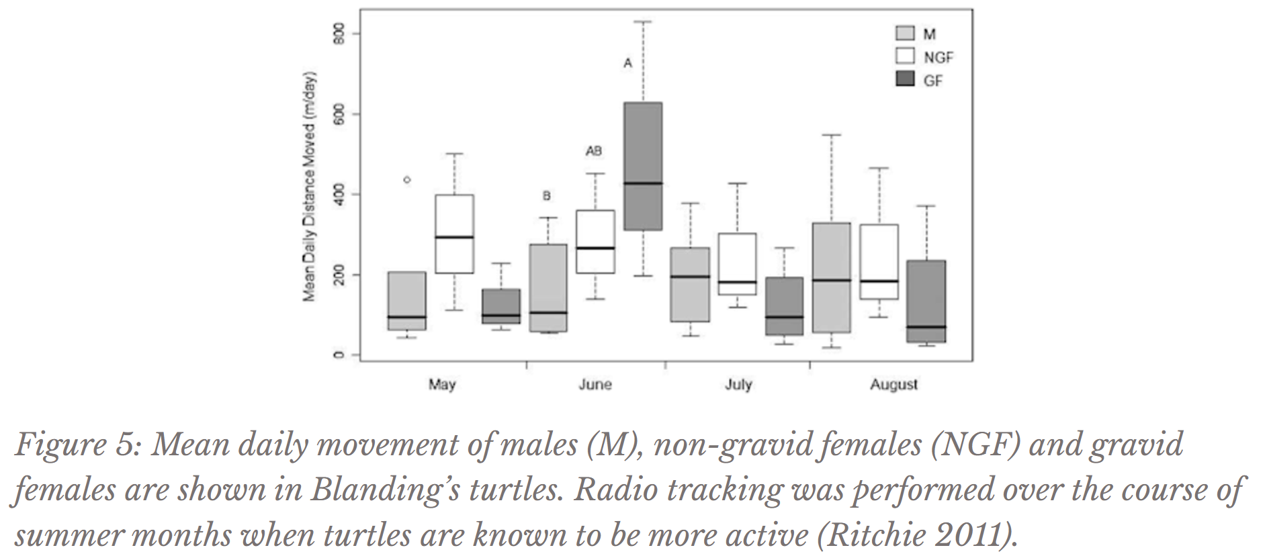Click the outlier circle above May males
(x=407, y=179)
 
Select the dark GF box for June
(x=644, y=167)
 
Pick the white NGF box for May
(x=454, y=234)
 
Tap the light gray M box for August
(x=830, y=277)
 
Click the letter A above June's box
(x=628, y=64)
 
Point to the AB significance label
(x=593, y=151)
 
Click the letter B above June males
(x=547, y=196)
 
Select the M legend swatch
(x=906, y=34)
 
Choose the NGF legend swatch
(x=906, y=56)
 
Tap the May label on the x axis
(x=442, y=385)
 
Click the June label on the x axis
(x=595, y=385)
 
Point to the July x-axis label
(x=738, y=385)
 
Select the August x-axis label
(x=893, y=385)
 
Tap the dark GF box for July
(x=784, y=306)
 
